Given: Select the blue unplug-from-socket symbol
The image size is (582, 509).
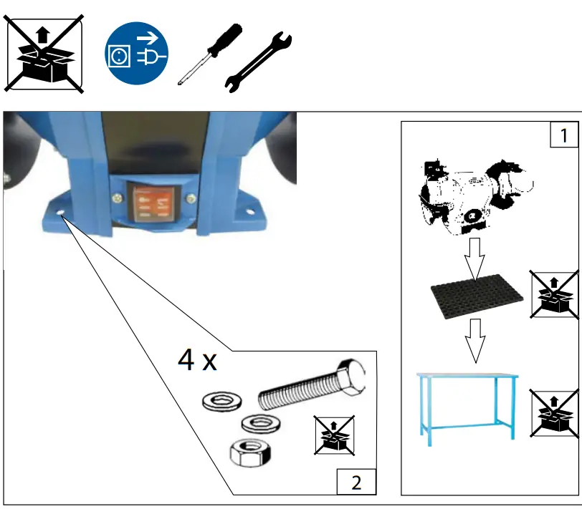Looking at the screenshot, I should point(137,53).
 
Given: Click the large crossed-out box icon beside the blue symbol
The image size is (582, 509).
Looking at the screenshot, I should point(44,53).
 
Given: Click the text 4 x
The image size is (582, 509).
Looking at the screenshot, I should point(197,361).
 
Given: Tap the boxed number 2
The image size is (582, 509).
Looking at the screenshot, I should point(356,482).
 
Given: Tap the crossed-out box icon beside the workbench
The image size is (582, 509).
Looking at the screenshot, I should point(554,413).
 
